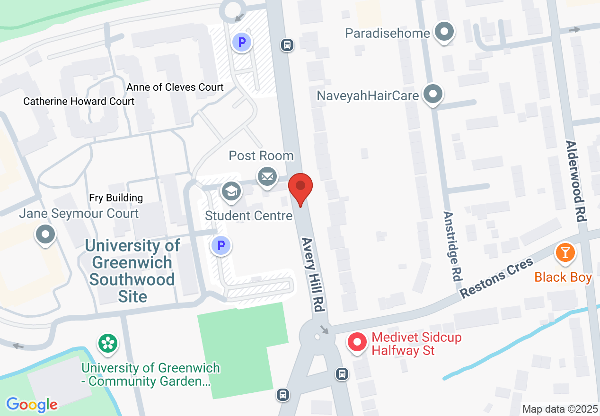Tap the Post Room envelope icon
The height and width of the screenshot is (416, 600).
(x=267, y=177)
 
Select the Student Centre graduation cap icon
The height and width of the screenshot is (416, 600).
(x=231, y=191)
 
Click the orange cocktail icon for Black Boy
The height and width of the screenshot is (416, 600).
(x=565, y=251)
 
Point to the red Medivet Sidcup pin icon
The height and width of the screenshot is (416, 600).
(x=357, y=342)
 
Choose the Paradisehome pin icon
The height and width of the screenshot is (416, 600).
(x=444, y=33)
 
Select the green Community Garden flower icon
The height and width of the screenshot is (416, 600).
(x=107, y=343)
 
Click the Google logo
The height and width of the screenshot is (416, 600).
(x=32, y=405)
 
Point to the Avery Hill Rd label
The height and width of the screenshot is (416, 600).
(x=313, y=274)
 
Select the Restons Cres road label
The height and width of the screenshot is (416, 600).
(x=497, y=277)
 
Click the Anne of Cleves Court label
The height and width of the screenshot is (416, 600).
(x=175, y=87)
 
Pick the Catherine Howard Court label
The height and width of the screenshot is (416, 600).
(x=79, y=101)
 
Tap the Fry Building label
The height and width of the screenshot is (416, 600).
(x=116, y=198)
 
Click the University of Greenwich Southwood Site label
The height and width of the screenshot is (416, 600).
(x=132, y=271)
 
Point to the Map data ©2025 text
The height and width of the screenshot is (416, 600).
(x=560, y=409)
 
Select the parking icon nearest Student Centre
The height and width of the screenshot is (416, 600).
(x=221, y=245)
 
